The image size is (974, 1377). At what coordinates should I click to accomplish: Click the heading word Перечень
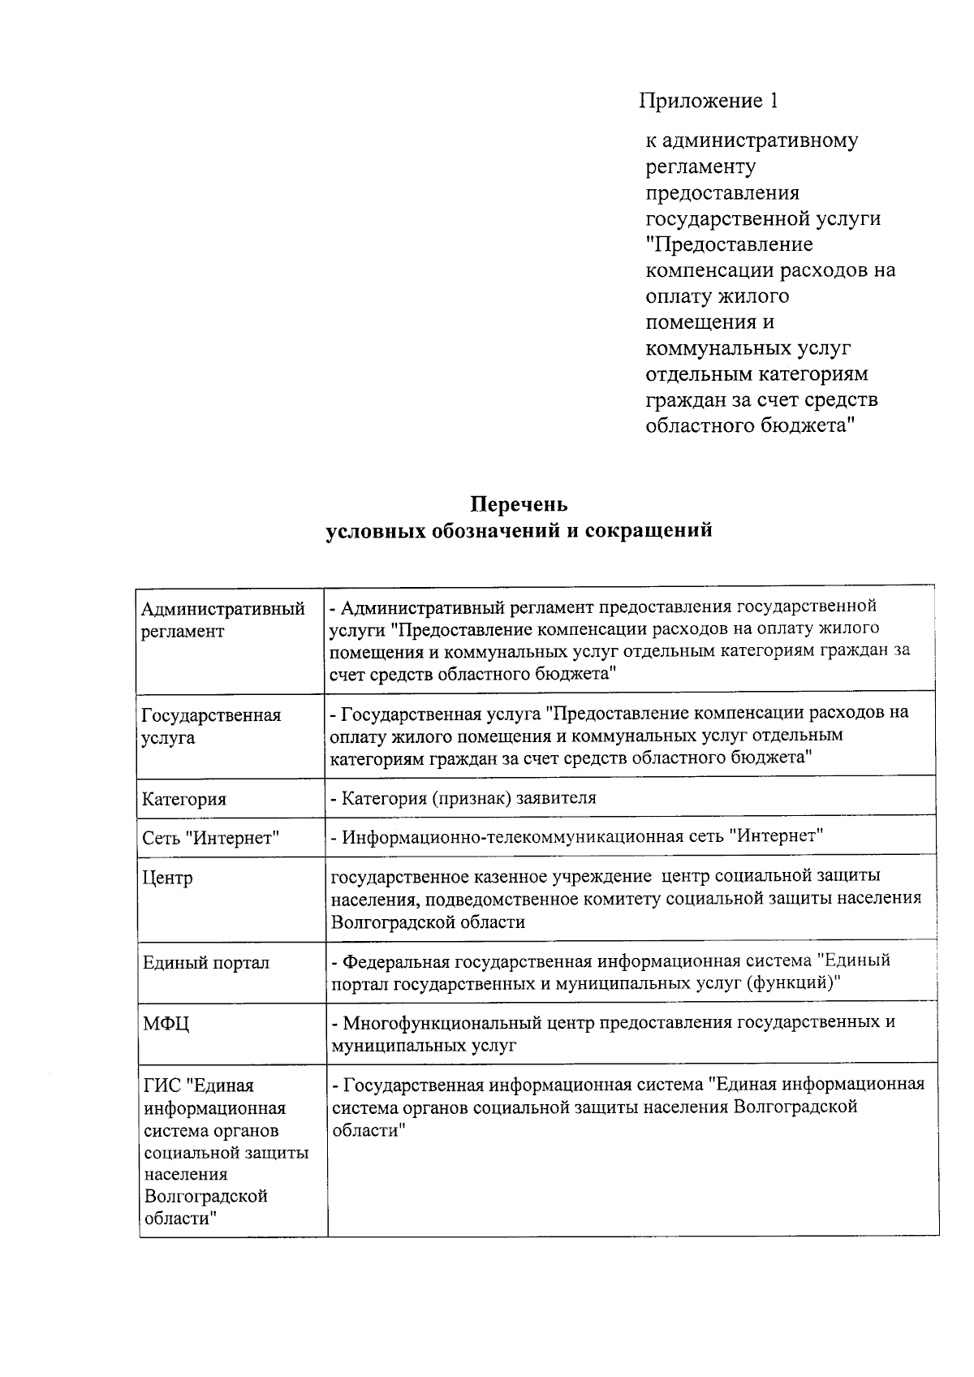519,504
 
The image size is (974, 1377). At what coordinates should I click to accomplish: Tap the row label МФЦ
166,1024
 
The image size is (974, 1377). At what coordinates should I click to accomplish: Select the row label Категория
184,799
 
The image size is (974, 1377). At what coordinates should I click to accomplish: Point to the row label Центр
168,878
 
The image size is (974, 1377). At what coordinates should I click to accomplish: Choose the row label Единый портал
206,963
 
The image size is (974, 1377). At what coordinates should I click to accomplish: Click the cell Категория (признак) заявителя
463,797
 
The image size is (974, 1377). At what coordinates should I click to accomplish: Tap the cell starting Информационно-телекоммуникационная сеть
576,836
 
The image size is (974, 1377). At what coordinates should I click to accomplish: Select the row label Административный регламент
222,620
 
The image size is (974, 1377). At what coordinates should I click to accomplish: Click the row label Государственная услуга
211,727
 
